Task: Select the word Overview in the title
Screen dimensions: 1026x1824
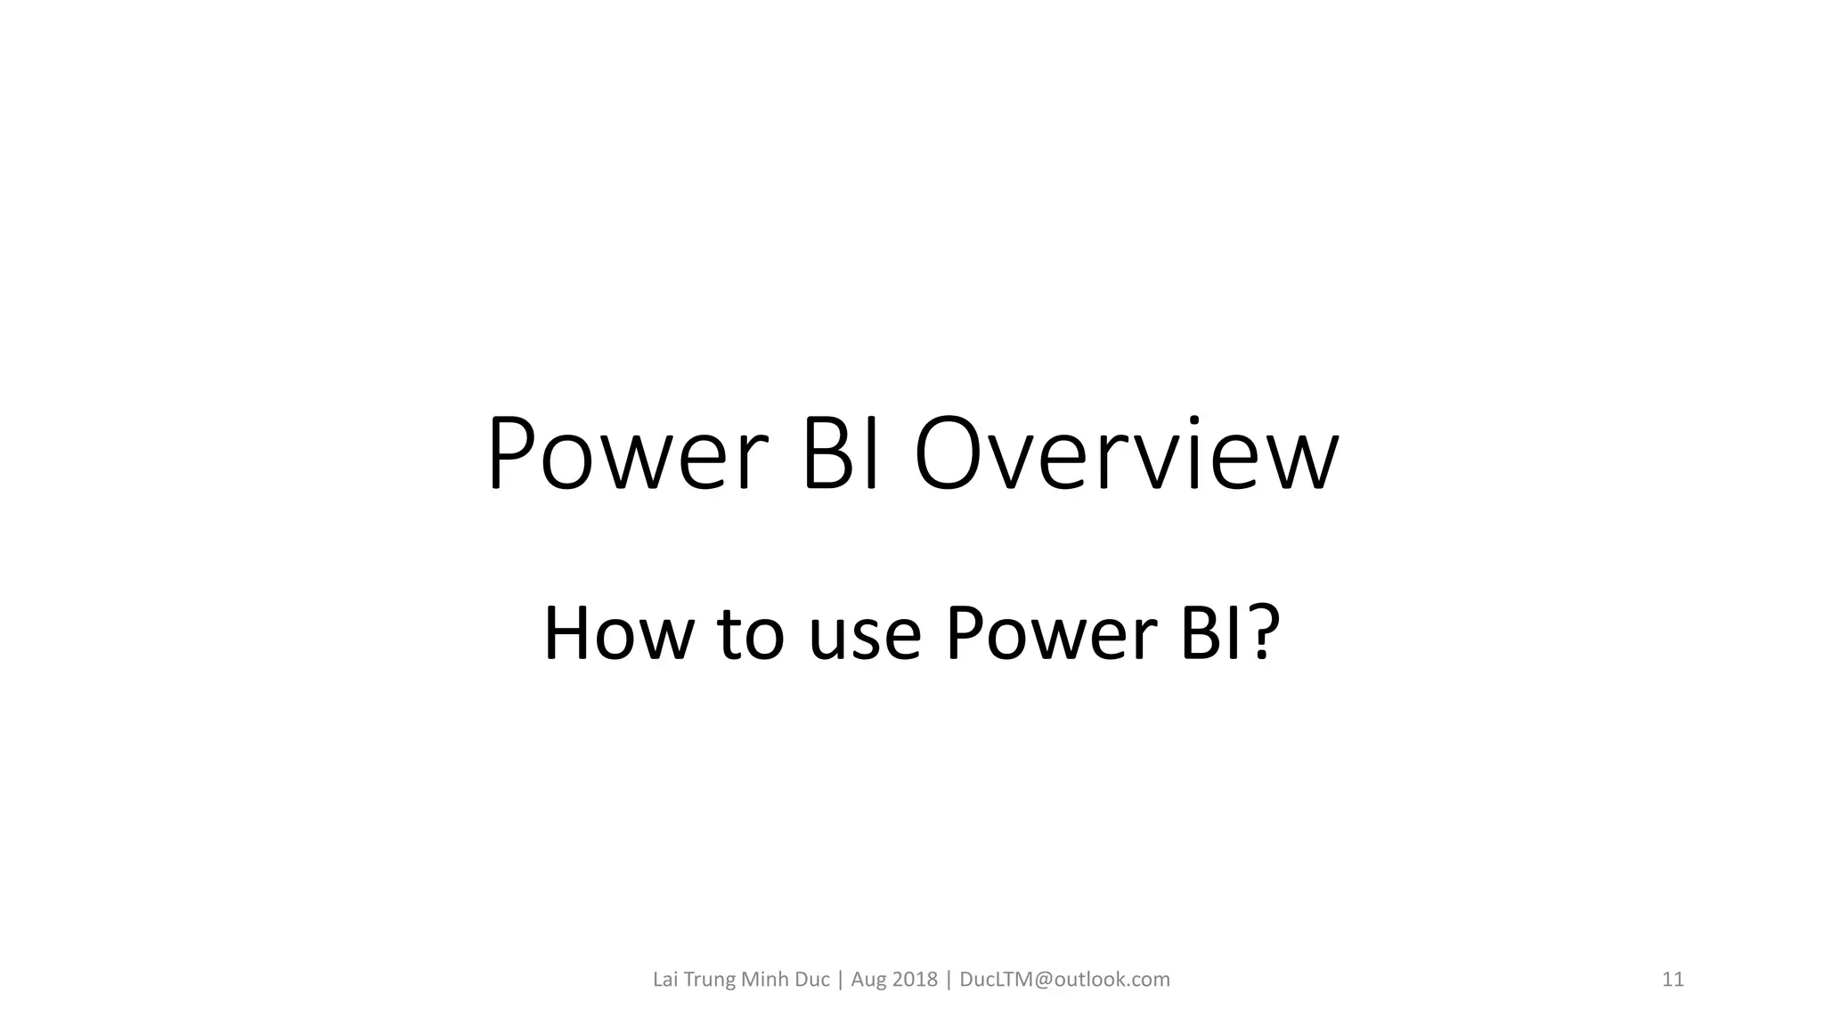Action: tap(1127, 454)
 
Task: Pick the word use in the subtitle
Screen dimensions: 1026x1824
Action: tap(864, 634)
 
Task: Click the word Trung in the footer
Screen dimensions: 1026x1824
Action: tap(710, 980)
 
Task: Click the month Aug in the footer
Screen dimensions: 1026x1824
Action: tap(868, 981)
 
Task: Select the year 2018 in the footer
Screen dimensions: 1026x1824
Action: tap(915, 980)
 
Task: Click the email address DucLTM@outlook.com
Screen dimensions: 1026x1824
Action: tap(1064, 980)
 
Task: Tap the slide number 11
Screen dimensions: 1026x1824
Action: tap(1673, 980)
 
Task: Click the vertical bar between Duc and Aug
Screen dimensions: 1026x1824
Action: tap(840, 980)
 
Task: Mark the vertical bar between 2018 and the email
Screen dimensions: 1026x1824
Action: tap(949, 980)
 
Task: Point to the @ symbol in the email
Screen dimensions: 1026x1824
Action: tap(1043, 980)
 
